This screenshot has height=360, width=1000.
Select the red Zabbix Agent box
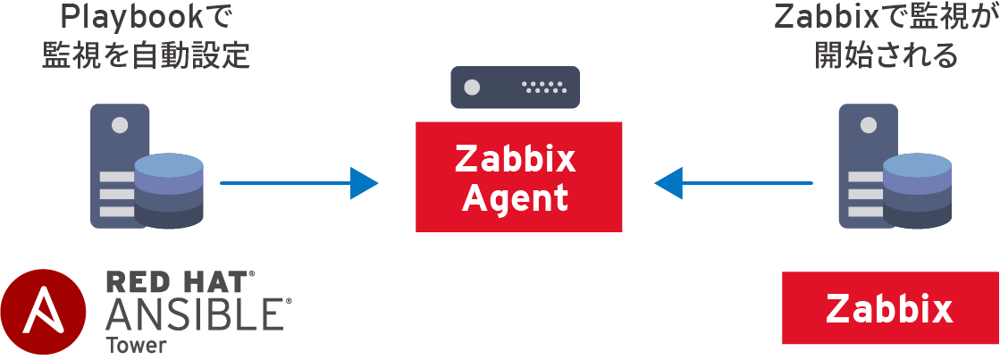518,177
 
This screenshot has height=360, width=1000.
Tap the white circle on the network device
472,88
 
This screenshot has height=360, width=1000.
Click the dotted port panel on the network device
544,88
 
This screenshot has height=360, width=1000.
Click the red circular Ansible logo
44,313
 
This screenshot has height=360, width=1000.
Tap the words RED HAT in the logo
179,282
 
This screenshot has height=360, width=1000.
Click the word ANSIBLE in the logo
197,315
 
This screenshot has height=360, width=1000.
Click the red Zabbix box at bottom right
890,309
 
